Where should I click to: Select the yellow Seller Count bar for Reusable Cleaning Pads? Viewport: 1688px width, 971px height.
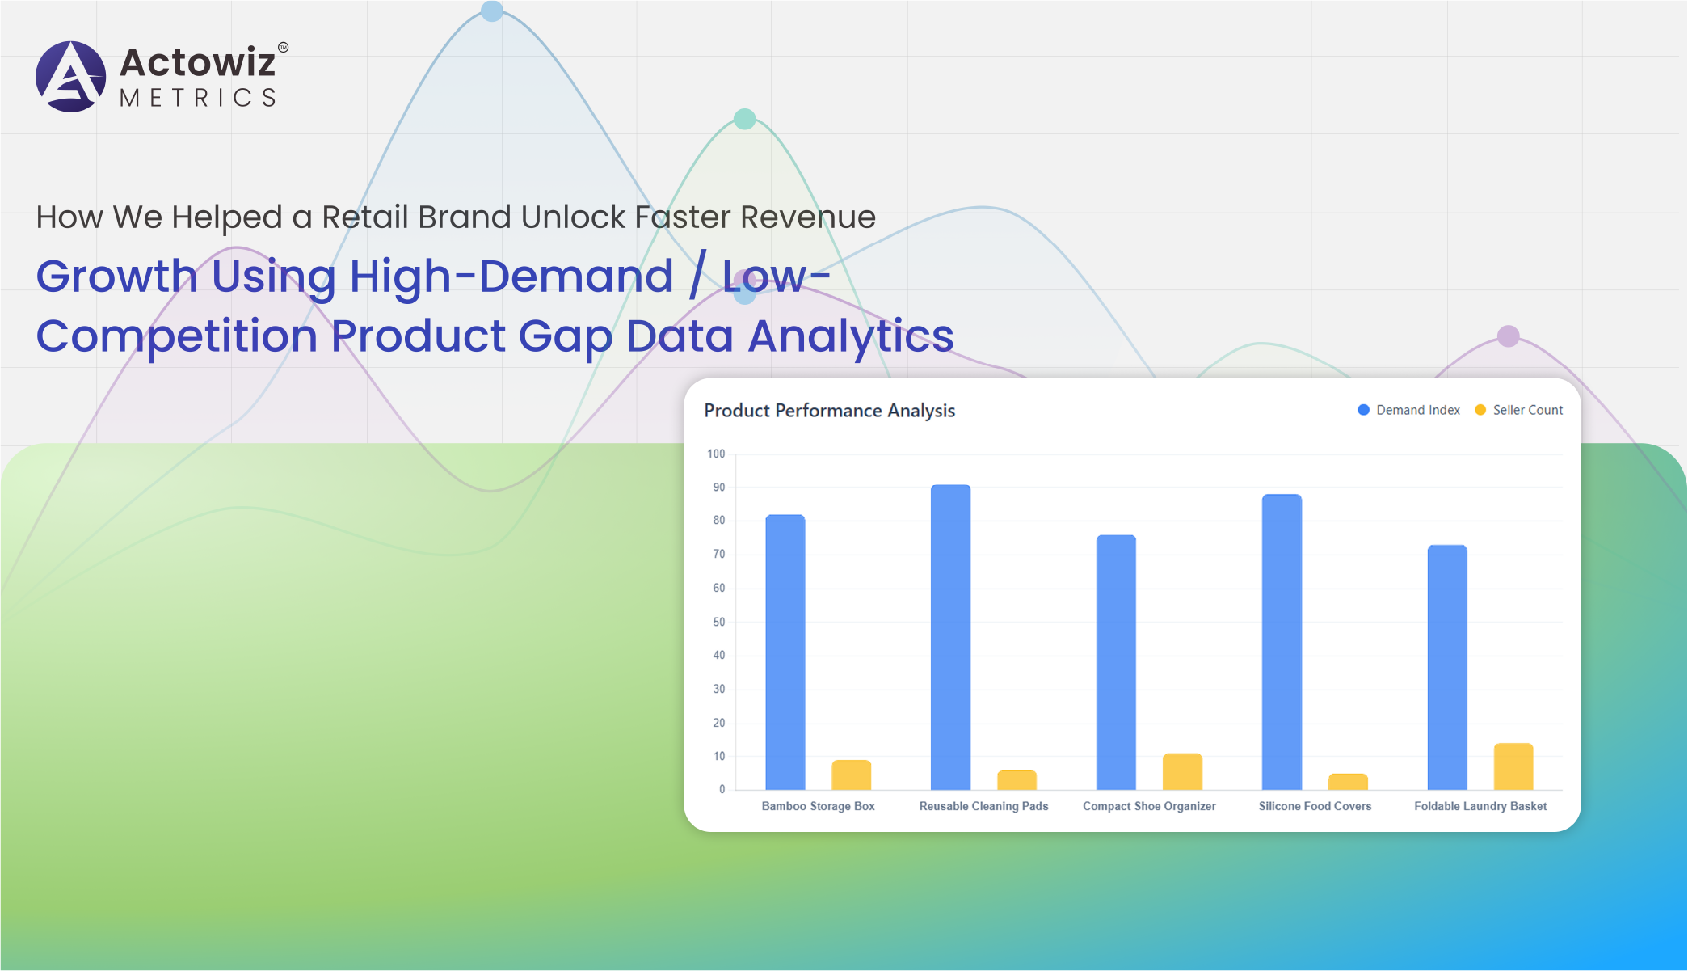1017,780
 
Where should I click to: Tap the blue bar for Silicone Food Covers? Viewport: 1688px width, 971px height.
1282,642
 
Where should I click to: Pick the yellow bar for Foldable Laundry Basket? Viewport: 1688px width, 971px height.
1513,766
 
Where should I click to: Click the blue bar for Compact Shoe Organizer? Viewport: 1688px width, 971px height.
1116,662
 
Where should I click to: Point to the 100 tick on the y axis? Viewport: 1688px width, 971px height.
716,454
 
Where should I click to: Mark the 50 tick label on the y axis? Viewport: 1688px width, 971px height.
718,622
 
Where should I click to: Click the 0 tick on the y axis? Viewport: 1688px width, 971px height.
722,789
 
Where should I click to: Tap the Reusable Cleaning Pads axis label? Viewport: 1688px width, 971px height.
983,806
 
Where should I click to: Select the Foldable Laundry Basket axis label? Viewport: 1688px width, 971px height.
1480,806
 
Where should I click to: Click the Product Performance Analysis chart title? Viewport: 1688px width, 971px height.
829,411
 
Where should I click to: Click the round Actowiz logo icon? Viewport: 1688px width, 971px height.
71,77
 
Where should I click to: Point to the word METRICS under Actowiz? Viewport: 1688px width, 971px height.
198,98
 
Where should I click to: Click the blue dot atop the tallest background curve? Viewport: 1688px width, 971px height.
492,11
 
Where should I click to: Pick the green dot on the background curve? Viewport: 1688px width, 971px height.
744,119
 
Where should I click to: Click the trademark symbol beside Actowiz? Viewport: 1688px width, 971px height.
283,48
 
